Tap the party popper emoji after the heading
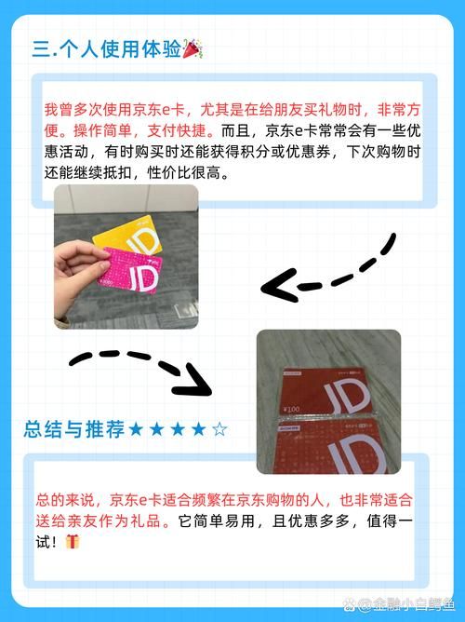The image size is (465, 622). [193, 47]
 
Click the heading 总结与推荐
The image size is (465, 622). [74, 429]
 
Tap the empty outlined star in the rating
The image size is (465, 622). [219, 429]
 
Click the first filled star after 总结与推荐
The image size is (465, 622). [136, 429]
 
